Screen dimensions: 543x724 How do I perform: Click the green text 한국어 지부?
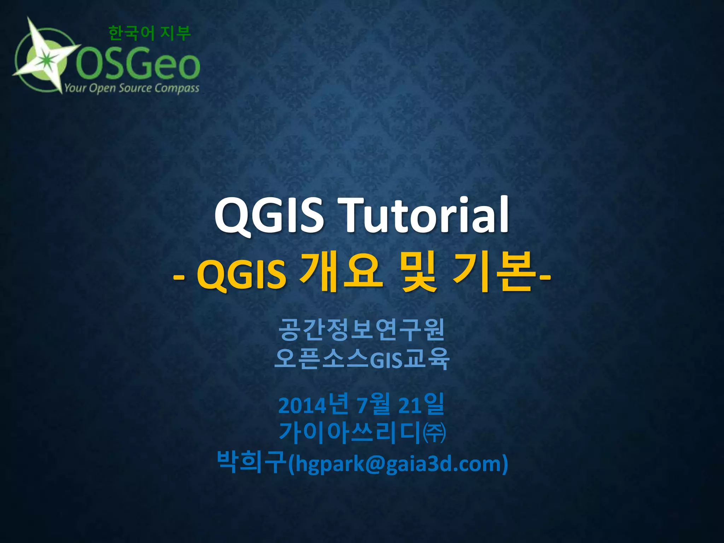[150, 33]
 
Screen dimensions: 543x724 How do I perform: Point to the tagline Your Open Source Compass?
[132, 88]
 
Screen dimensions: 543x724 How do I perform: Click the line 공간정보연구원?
[361, 329]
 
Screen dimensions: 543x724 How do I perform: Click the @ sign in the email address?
[375, 463]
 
